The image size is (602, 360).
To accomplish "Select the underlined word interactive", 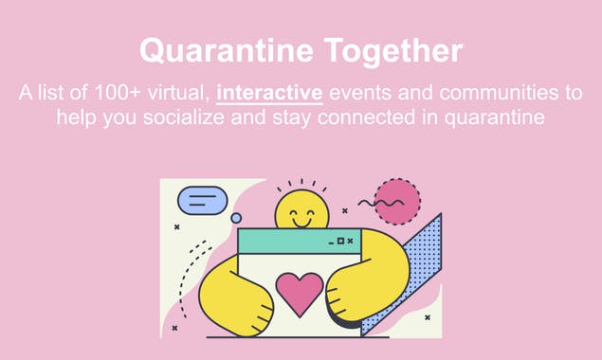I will tap(270, 94).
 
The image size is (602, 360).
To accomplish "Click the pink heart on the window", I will tap(299, 293).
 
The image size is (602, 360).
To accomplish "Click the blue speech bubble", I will tap(203, 201).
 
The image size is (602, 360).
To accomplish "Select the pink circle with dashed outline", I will tap(396, 201).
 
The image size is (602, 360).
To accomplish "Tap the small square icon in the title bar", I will tap(340, 242).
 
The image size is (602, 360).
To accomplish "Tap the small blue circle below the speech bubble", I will tap(236, 218).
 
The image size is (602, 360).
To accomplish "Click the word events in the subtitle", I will tap(361, 94).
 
